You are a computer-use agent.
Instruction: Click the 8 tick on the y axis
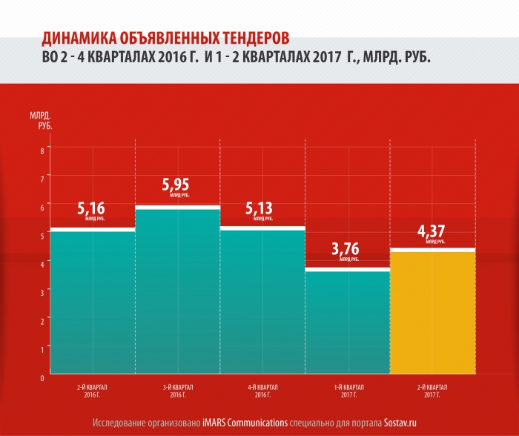click(42, 151)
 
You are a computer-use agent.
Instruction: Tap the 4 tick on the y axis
click(42, 263)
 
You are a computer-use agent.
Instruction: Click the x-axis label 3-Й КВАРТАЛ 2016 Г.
click(178, 390)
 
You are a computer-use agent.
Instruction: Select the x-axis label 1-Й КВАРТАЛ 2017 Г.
click(347, 390)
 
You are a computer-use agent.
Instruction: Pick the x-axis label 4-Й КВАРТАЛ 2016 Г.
click(262, 390)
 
